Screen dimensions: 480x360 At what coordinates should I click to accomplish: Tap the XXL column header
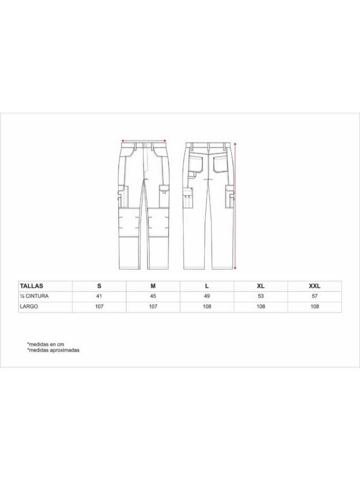315,286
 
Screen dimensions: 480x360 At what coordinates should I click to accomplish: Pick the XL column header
261,286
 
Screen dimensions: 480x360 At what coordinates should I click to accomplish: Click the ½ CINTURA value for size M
153,296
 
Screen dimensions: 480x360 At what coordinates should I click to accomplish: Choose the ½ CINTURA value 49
207,296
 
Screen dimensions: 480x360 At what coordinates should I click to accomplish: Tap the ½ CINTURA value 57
315,296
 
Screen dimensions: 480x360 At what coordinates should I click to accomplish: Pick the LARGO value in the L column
207,306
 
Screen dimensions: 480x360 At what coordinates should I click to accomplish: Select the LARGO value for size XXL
315,306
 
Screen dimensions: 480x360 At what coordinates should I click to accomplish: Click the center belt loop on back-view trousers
209,146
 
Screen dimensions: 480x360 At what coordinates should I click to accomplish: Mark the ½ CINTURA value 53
261,296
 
